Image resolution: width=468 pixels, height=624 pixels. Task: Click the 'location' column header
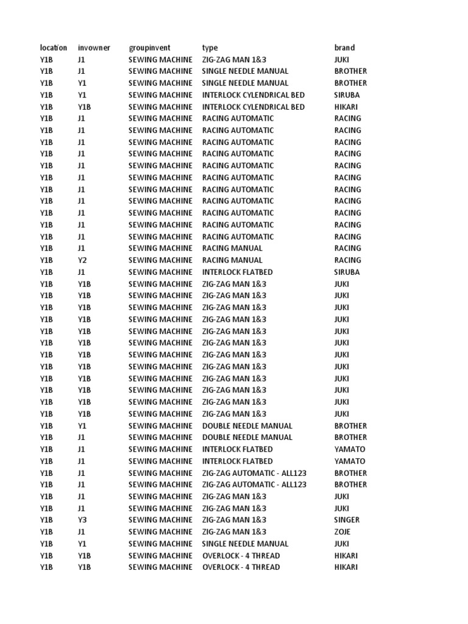tap(54, 48)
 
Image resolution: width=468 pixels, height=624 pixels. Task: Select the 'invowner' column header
tap(94, 48)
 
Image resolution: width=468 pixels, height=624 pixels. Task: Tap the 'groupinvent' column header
tap(149, 48)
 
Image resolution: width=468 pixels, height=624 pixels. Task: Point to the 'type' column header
tap(210, 48)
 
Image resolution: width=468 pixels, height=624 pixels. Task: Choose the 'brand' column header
tap(344, 48)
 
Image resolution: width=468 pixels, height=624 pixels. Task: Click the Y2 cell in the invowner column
tap(82, 260)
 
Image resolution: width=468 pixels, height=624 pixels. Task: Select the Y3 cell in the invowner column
tap(82, 520)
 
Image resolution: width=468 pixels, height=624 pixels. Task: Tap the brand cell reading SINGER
tap(347, 520)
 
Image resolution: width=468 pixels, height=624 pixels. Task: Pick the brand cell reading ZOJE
tap(342, 532)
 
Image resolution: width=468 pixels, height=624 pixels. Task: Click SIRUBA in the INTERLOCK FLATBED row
tap(347, 272)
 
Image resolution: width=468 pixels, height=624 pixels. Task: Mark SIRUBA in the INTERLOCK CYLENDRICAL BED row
tap(347, 95)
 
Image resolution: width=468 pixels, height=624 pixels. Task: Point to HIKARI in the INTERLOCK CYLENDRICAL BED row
tap(346, 107)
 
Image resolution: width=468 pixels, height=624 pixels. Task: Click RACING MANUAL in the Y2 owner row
tap(232, 260)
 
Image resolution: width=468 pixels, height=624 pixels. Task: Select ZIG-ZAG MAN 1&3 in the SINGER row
tap(235, 520)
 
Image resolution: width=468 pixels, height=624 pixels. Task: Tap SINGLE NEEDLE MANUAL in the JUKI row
tap(245, 544)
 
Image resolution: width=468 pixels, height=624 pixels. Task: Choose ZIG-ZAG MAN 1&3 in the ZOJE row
tap(235, 532)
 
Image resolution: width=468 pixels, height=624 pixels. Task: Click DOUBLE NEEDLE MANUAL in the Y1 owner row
tap(247, 426)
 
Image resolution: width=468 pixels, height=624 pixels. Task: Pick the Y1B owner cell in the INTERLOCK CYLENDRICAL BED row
tap(84, 107)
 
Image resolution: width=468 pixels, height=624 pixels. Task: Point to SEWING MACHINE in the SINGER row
tap(160, 520)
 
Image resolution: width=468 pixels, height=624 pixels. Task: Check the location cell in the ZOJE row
tap(47, 532)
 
